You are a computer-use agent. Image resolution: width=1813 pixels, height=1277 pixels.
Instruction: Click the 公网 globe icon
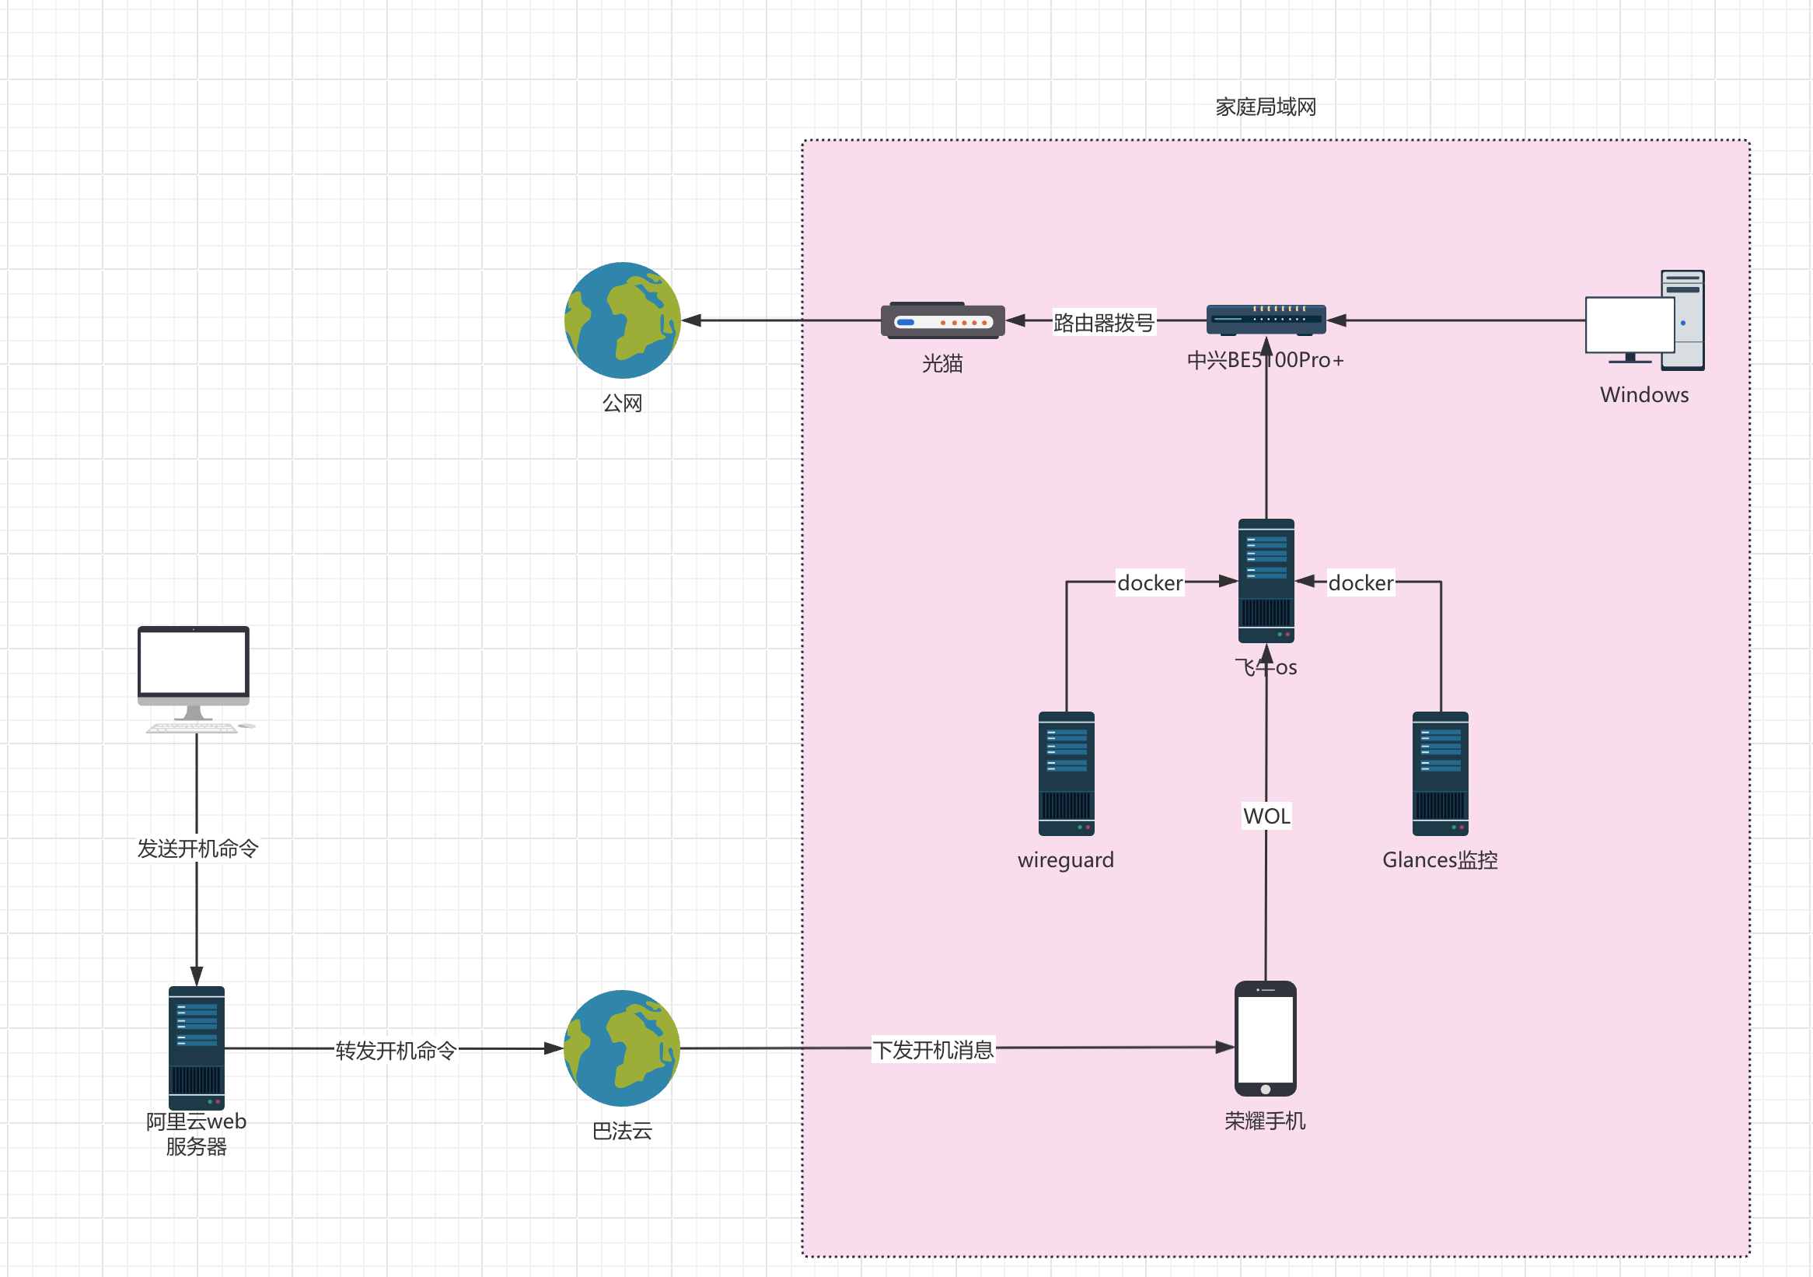click(622, 320)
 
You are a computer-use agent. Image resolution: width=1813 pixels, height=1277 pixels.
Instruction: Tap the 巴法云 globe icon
click(622, 1048)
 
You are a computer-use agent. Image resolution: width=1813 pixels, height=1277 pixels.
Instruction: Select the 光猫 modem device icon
click(943, 320)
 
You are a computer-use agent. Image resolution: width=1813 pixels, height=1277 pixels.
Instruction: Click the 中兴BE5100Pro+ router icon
click(1266, 320)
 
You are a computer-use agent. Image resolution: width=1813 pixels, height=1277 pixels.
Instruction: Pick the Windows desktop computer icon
click(1645, 321)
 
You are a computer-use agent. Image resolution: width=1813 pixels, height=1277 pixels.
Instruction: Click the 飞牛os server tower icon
click(1266, 580)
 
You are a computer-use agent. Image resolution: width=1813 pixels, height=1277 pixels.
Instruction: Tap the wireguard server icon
click(1066, 774)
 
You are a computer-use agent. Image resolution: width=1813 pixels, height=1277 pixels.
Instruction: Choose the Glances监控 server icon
click(1441, 774)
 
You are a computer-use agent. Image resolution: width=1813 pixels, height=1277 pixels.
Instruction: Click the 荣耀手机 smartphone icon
click(1265, 1038)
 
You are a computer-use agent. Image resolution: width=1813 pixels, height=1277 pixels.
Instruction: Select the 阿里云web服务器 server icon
click(197, 1048)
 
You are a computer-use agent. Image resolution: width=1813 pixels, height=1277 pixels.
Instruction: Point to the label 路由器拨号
click(1103, 322)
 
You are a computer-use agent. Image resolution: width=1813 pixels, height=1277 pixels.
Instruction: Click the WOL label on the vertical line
click(1266, 816)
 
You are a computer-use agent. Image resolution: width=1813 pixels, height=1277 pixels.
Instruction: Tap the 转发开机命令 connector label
click(396, 1051)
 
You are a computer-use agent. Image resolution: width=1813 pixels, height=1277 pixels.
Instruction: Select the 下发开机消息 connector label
click(933, 1050)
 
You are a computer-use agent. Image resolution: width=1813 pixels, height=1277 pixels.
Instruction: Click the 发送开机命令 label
click(197, 848)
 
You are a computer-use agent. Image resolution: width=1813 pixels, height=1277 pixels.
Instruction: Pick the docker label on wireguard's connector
click(1150, 583)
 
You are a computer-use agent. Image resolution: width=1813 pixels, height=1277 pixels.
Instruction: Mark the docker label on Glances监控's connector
click(1361, 583)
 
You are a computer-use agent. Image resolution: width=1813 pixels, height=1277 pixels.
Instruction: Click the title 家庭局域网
click(1265, 107)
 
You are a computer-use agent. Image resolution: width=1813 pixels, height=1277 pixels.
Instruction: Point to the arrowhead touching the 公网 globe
click(690, 320)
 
